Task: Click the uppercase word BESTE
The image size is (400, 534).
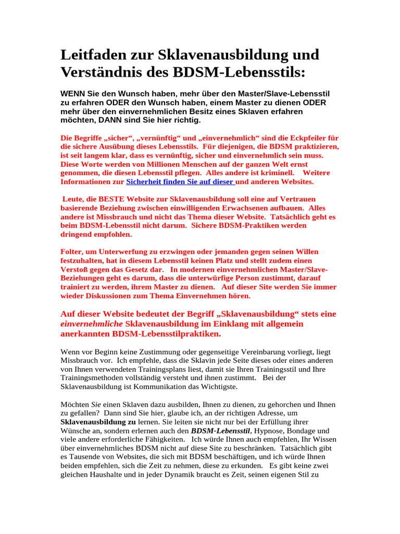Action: point(109,199)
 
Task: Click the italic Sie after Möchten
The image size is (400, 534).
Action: point(96,405)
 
